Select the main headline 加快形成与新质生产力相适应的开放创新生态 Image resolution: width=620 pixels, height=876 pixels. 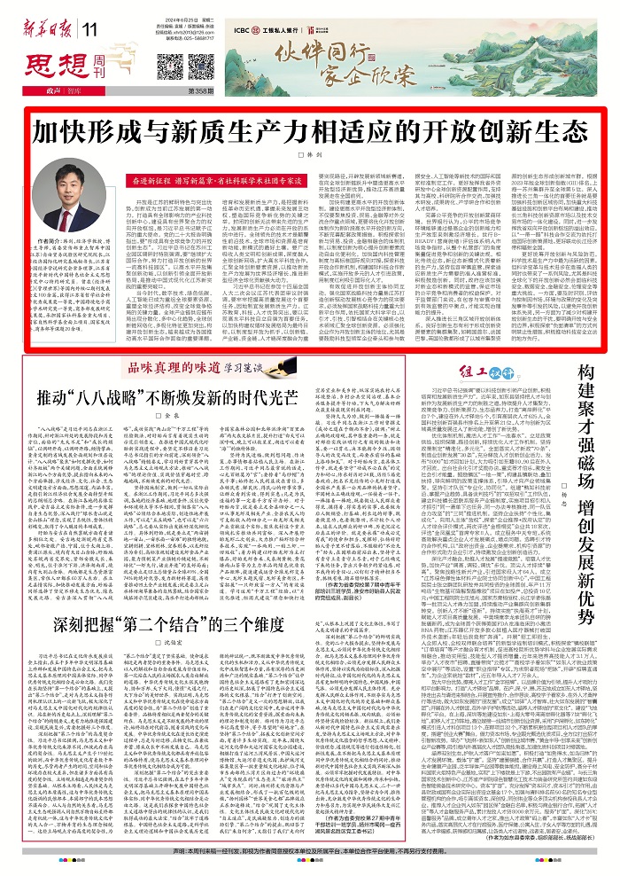pos(309,135)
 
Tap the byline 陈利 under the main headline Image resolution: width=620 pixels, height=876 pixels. pos(309,155)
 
